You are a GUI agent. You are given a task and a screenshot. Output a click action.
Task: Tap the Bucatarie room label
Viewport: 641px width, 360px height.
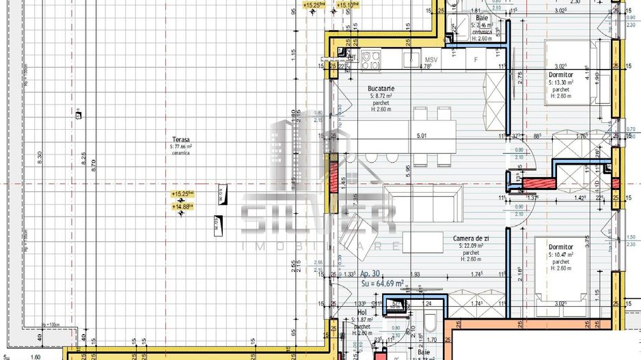381,89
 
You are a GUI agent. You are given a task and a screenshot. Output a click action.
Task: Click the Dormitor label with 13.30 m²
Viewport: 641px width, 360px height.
560,74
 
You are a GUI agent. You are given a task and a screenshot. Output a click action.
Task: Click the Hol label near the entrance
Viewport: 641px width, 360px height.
362,312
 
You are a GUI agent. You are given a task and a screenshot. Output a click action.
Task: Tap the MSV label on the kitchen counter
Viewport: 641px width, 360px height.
431,59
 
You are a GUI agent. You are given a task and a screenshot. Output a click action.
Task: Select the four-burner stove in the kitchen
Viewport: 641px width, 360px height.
370,60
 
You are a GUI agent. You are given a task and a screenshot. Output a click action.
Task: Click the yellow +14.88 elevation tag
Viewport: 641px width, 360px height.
182,206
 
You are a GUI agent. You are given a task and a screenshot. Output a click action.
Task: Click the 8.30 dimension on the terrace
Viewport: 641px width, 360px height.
40,157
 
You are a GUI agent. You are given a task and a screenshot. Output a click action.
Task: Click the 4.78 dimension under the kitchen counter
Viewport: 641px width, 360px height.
424,67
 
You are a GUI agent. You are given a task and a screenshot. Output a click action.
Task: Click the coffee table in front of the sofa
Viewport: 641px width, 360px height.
422,241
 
